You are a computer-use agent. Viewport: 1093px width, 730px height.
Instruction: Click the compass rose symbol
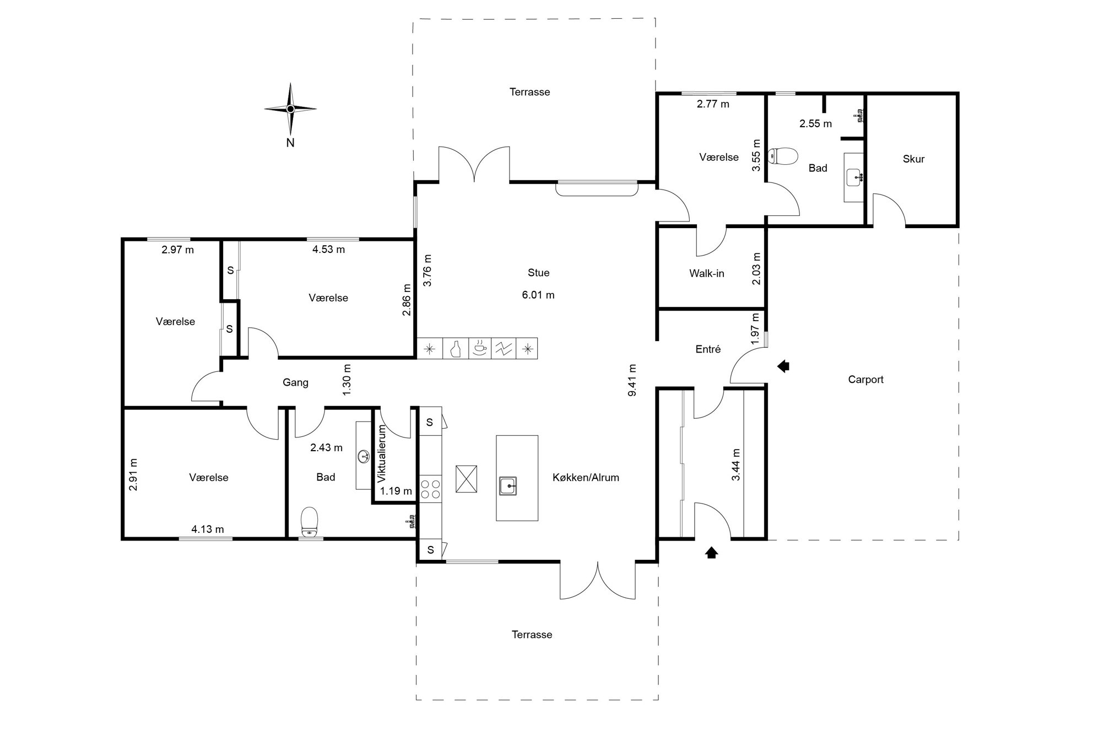[x=290, y=109]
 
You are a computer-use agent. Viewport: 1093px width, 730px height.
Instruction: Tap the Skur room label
[x=913, y=159]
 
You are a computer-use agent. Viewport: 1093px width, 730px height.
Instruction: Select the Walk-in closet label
[x=707, y=273]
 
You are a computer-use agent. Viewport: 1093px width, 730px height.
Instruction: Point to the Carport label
[x=865, y=380]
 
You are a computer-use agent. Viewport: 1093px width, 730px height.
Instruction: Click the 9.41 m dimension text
[x=632, y=380]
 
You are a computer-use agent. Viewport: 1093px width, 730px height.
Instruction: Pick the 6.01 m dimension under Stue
[x=538, y=295]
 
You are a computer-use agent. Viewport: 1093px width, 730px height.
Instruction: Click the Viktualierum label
[x=382, y=453]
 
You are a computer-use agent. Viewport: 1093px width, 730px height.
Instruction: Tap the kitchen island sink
[x=508, y=486]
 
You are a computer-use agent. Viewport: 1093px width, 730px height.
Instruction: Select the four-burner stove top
[x=431, y=489]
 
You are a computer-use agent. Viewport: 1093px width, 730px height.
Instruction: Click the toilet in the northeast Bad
[x=783, y=156]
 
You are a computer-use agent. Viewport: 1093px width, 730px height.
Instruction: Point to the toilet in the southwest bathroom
[x=310, y=522]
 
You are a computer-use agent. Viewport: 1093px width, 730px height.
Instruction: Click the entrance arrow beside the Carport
[x=783, y=366]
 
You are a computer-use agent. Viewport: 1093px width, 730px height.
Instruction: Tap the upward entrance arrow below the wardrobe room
[x=711, y=552]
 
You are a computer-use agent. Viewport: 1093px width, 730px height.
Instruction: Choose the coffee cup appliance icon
[x=480, y=348]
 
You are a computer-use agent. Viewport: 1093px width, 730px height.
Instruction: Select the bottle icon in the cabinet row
[x=455, y=349]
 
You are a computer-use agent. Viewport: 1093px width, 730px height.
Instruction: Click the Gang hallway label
[x=295, y=383]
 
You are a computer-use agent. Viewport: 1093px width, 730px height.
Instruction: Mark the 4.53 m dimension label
[x=328, y=250]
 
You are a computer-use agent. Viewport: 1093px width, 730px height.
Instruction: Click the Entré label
[x=708, y=349]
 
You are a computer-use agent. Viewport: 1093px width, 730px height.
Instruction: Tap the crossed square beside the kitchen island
[x=466, y=479]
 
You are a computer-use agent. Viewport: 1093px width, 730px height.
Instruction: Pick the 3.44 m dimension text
[x=736, y=465]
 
